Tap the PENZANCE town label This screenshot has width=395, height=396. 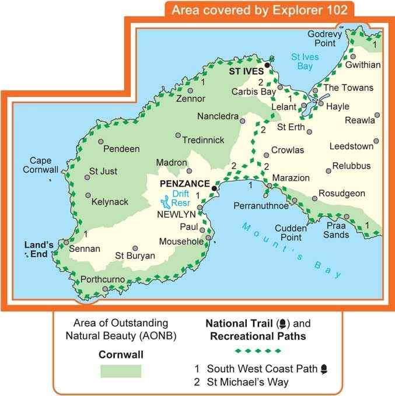(x=184, y=183)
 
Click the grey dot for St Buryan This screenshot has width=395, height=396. (x=135, y=248)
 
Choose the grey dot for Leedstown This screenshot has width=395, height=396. (x=377, y=141)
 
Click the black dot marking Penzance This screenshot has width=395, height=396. (x=215, y=188)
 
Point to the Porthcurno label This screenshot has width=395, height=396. (x=103, y=279)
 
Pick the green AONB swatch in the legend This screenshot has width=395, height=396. (x=121, y=371)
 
